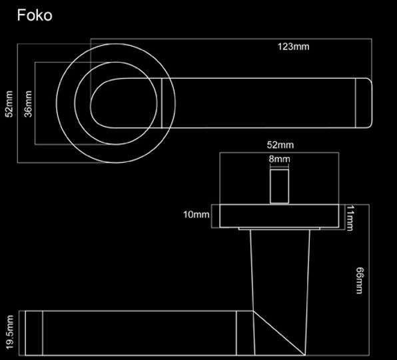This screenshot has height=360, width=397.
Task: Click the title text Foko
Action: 35,15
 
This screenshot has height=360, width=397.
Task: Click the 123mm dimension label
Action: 294,47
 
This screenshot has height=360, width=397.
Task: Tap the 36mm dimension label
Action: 28,104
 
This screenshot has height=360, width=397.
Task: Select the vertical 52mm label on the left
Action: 9,104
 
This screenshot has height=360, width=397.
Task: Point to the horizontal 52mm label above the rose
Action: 280,145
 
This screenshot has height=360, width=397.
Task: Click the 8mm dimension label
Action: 279,159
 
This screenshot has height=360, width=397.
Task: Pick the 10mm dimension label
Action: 197,215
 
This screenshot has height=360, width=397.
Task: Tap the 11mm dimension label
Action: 350,218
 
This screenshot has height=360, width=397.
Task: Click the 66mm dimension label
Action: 359,281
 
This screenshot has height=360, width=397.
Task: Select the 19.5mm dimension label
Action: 9,332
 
